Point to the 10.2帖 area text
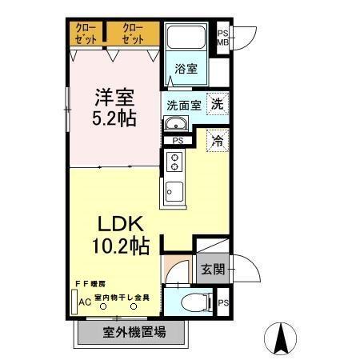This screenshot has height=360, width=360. coord(121,246)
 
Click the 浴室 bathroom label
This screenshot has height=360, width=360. coord(186,69)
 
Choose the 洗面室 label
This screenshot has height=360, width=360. coord(183,105)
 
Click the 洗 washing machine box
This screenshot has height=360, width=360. coord(217,102)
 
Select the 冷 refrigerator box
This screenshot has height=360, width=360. coord(217,141)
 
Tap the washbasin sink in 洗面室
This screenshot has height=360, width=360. coord(175,124)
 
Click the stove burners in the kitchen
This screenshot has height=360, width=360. coord(174,164)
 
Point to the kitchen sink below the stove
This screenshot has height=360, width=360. coord(174,192)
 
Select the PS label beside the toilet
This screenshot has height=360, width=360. coord(223,302)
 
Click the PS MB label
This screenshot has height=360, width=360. coord(223,38)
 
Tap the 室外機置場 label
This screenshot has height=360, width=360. coord(134,332)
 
